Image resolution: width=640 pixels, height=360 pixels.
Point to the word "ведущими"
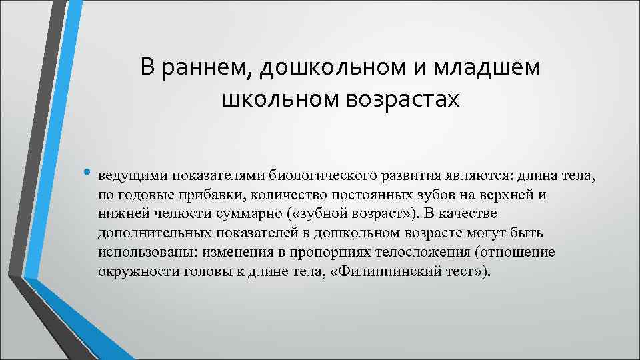[132, 177]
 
